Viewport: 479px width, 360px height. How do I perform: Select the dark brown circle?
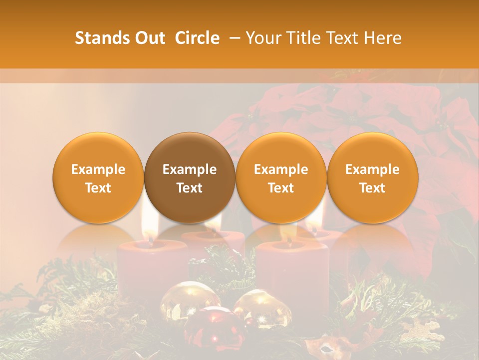point(190,178)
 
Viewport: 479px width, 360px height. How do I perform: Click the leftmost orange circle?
point(98,178)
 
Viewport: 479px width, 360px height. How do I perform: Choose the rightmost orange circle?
point(372,178)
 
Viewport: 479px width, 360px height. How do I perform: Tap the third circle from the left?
point(281,178)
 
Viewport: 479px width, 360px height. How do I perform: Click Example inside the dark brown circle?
point(190,169)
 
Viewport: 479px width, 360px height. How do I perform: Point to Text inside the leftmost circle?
point(98,188)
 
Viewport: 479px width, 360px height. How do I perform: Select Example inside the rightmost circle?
point(372,169)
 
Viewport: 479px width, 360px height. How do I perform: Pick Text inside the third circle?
point(281,188)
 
